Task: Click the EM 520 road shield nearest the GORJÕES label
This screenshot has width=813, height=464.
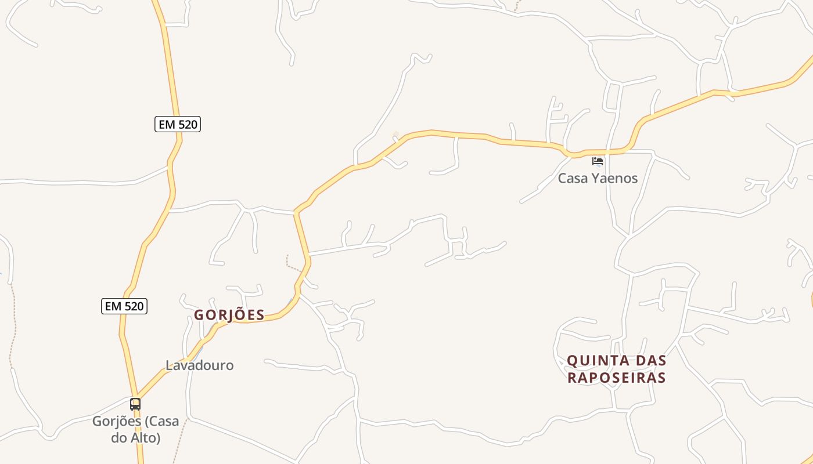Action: click(x=124, y=306)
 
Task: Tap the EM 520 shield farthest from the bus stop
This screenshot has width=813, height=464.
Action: click(x=178, y=124)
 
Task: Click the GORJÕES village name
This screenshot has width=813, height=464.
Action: click(x=229, y=315)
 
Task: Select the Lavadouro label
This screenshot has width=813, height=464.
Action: click(x=200, y=365)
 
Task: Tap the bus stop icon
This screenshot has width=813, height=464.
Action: click(x=135, y=404)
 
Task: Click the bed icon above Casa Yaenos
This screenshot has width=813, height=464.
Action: click(x=598, y=161)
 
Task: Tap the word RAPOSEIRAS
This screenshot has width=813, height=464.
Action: click(x=616, y=378)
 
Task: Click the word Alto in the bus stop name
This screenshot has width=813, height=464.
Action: click(x=146, y=438)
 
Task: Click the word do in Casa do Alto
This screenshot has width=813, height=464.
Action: click(x=119, y=438)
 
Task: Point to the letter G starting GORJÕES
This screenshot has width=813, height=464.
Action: click(x=199, y=315)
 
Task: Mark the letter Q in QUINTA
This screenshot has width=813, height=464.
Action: click(x=572, y=361)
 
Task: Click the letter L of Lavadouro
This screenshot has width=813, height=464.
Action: click(x=169, y=365)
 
